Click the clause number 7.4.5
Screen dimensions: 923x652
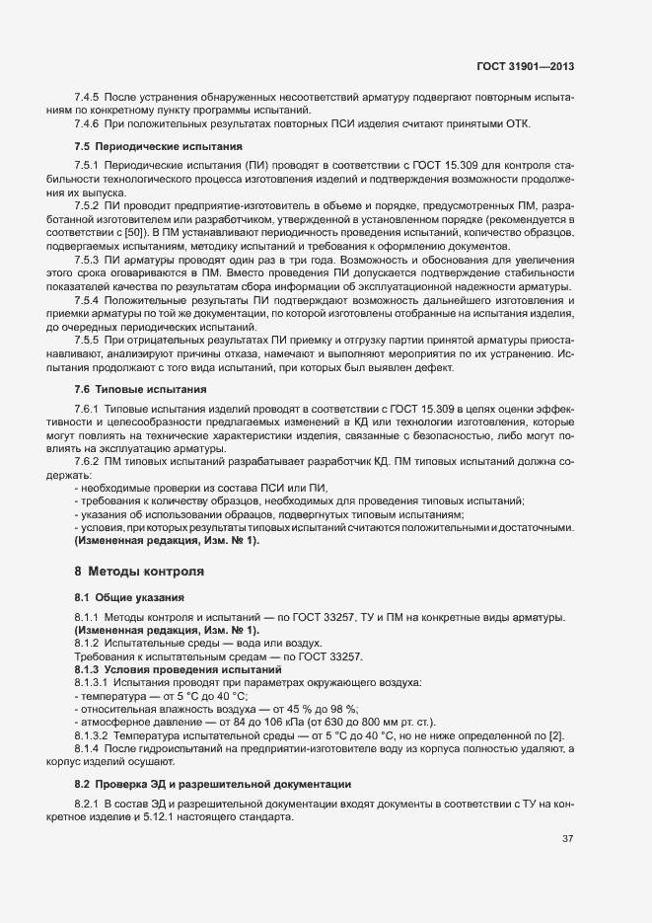[87, 97]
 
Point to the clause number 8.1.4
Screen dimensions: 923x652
[88, 749]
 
